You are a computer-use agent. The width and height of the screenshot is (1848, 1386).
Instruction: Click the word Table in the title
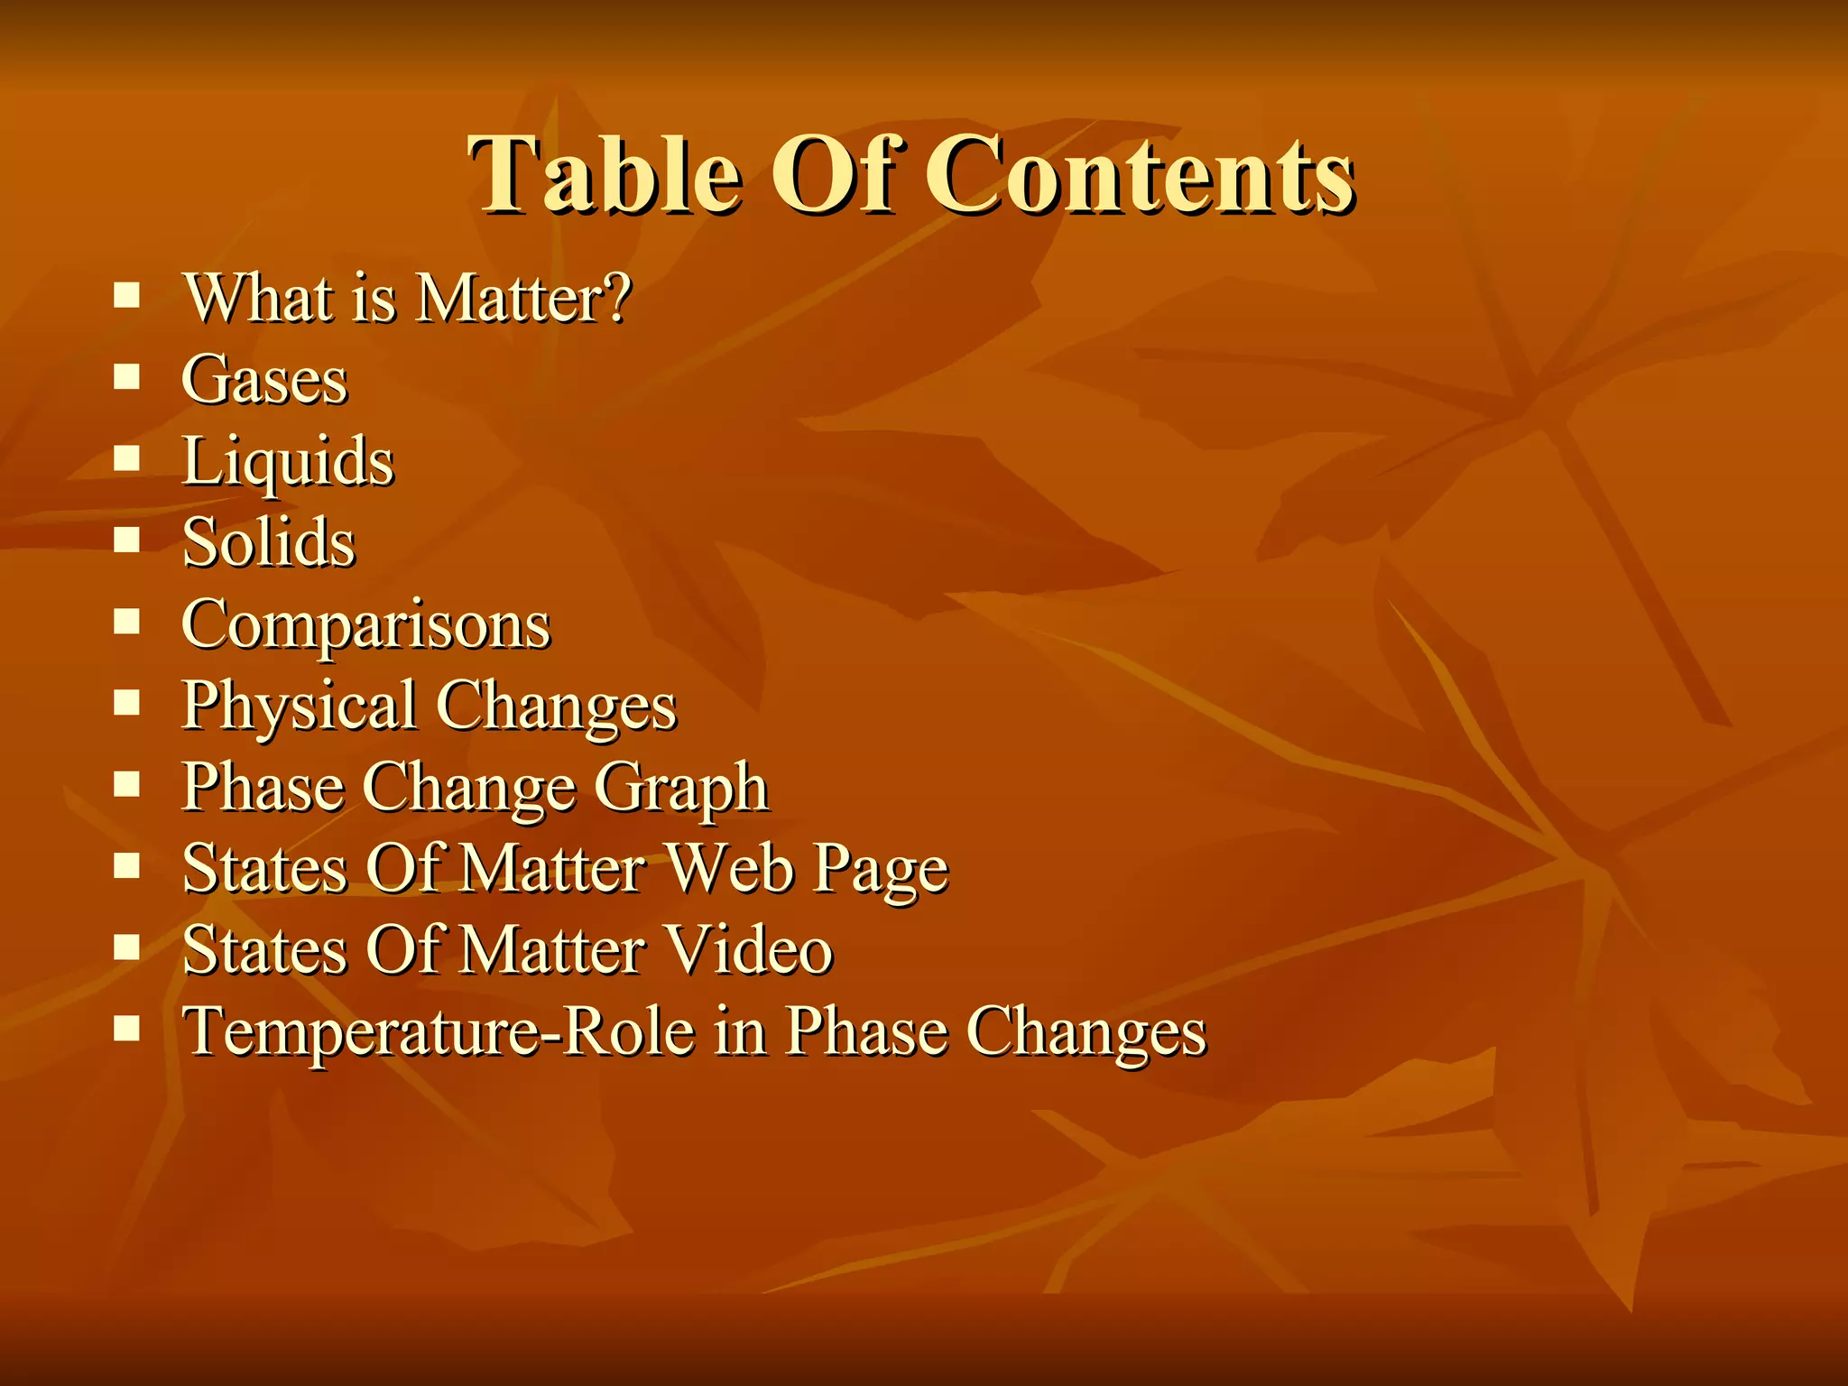(x=605, y=173)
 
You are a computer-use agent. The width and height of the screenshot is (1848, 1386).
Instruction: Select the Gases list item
(x=264, y=379)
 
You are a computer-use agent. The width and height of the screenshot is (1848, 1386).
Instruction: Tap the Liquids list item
(x=288, y=462)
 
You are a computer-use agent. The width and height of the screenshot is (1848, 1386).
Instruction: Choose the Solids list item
(x=269, y=543)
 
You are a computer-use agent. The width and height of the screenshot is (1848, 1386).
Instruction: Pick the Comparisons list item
(x=365, y=624)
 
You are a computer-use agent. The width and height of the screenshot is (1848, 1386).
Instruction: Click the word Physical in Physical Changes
(x=299, y=707)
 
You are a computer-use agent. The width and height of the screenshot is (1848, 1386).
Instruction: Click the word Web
(x=731, y=869)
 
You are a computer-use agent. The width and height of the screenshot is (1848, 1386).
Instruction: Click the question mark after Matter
(x=617, y=298)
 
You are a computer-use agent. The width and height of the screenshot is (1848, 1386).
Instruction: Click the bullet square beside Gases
(x=127, y=376)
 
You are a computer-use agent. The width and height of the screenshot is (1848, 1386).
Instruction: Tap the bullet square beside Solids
(x=127, y=540)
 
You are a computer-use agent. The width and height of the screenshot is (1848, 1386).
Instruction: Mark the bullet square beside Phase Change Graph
(x=127, y=784)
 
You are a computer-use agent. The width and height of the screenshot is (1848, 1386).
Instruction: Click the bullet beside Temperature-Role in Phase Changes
(x=127, y=1028)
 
